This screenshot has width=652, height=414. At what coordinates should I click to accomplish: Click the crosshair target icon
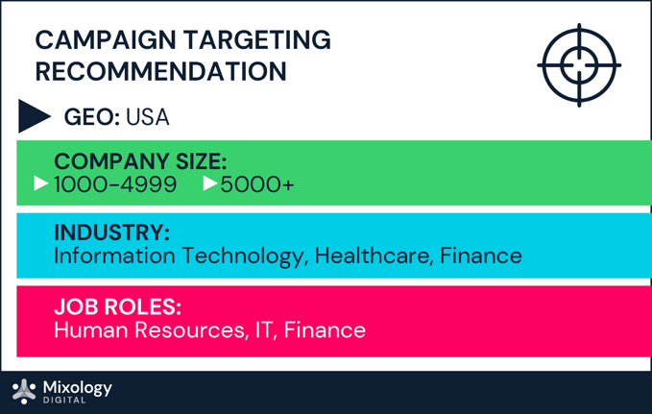pyautogui.click(x=579, y=65)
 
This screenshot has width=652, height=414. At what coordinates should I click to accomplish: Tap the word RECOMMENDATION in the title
pyautogui.click(x=160, y=72)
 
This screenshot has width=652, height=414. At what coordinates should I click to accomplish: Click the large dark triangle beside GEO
pyautogui.click(x=34, y=115)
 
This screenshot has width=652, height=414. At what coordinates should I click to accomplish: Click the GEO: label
pyautogui.click(x=91, y=117)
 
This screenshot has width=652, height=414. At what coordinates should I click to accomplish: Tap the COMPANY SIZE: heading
pyautogui.click(x=140, y=161)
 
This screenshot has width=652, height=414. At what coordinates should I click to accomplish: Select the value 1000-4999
pyautogui.click(x=115, y=183)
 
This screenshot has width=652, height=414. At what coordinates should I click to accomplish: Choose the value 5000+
pyautogui.click(x=257, y=183)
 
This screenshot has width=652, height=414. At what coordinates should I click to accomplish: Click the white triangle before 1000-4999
pyautogui.click(x=41, y=183)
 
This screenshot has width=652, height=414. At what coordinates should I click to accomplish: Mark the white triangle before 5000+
pyautogui.click(x=211, y=183)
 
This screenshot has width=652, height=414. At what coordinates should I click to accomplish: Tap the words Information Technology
pyautogui.click(x=178, y=256)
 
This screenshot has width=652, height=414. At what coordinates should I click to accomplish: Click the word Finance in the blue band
pyautogui.click(x=481, y=256)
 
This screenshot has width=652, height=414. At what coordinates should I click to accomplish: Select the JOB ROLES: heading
pyautogui.click(x=118, y=307)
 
